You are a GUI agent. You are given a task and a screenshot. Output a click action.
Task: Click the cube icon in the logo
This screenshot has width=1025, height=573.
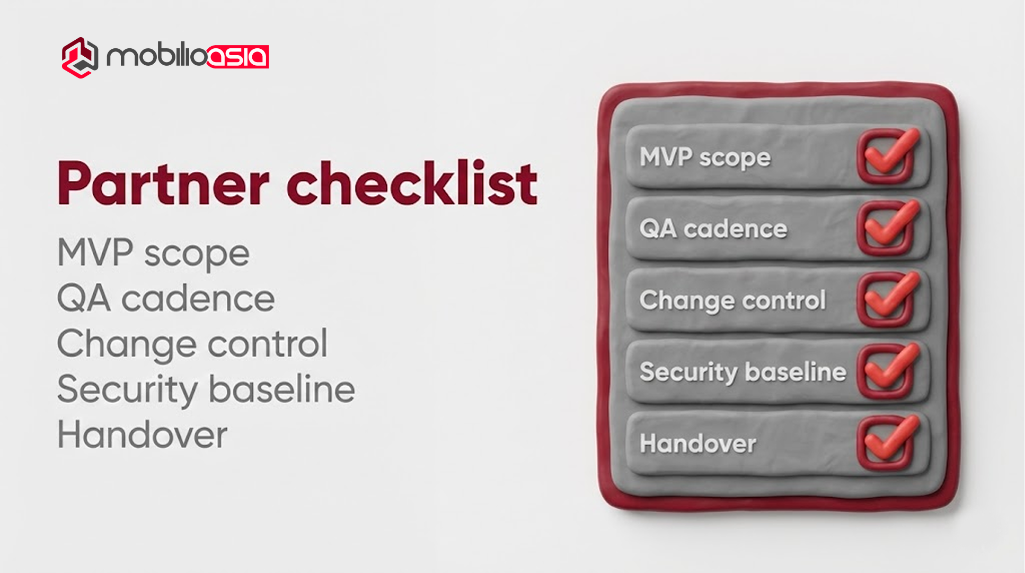79,57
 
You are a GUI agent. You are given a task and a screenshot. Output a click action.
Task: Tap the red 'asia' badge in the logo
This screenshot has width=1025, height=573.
237,57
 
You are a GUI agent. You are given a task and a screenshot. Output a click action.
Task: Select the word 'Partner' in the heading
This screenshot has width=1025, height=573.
163,184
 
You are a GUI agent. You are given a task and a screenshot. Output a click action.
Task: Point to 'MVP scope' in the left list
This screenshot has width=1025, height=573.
153,254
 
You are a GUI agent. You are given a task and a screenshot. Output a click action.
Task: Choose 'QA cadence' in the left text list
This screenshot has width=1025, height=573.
166,299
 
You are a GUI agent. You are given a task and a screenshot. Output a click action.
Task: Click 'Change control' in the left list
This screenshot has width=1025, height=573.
192,344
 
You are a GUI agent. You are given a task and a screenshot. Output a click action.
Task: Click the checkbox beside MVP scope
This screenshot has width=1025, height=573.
887,156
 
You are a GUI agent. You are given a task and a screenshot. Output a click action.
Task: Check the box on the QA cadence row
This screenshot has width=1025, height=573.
887,228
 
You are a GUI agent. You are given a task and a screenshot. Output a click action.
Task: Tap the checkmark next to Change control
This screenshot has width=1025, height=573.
887,300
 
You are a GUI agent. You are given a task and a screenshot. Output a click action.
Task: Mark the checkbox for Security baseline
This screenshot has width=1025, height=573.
887,371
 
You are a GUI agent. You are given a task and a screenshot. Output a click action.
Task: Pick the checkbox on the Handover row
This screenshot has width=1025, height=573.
887,443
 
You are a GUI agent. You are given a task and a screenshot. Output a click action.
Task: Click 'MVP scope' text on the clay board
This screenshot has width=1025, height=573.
705,158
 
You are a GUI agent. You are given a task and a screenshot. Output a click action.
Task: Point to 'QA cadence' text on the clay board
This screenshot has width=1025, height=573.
713,229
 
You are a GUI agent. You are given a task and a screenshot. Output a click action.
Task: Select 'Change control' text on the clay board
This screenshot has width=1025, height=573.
732,301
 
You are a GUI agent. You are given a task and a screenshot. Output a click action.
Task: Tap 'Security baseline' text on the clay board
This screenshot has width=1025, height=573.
743,372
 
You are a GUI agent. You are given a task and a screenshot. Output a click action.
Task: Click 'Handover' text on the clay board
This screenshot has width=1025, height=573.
698,444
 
